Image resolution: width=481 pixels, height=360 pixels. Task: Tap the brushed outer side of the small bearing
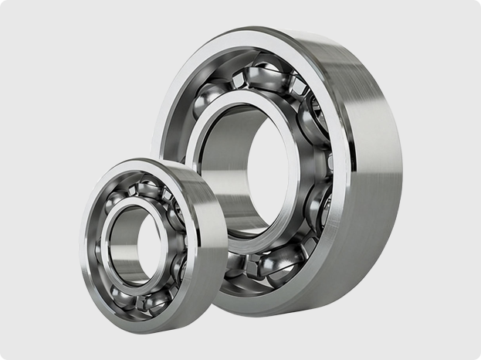pos(212,247)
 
